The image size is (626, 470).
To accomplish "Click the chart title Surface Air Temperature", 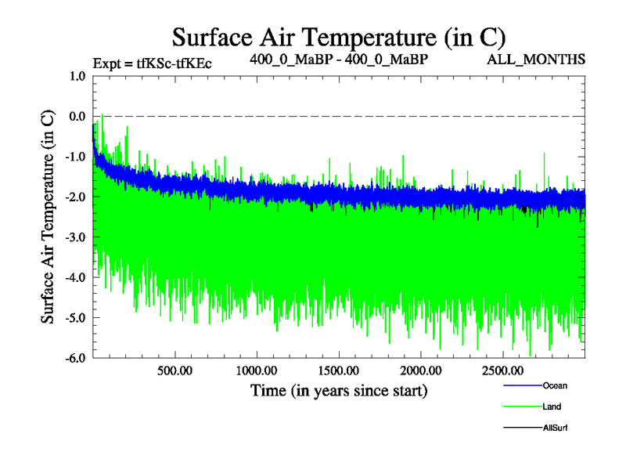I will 339,37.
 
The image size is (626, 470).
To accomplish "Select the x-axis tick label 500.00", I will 175,371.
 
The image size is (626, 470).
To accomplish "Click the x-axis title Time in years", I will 339,390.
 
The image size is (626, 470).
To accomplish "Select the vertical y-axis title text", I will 48,217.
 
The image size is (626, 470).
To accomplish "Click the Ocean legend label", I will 555,385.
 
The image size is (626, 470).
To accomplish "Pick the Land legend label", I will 551,407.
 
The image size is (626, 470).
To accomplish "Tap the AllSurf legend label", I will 555,428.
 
